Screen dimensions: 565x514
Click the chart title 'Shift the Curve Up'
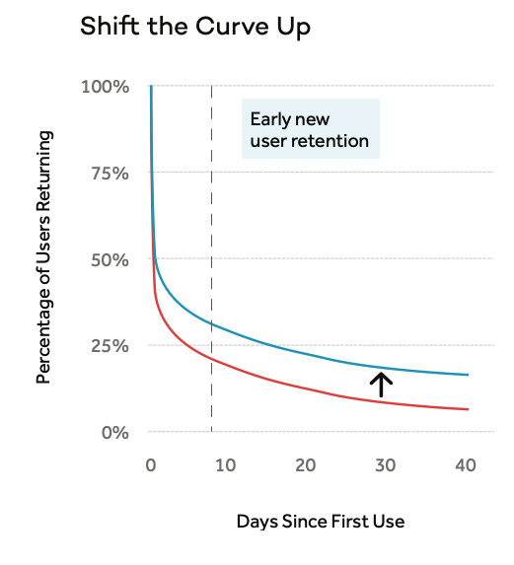195,27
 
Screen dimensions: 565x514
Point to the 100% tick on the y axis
107,87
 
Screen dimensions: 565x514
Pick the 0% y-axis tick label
114,433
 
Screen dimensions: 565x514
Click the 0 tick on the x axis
150,464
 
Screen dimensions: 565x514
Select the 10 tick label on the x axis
226,464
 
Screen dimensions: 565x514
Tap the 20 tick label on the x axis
306,464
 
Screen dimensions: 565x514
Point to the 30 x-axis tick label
385,464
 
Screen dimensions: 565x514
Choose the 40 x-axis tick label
465,464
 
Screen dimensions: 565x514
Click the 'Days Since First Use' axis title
321,521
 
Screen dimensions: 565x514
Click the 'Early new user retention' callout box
311,130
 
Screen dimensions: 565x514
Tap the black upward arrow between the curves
381,383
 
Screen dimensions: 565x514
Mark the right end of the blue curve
468,375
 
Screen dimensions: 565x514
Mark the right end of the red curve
468,409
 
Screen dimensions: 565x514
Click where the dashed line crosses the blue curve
211,323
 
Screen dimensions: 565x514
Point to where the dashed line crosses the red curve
211,359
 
